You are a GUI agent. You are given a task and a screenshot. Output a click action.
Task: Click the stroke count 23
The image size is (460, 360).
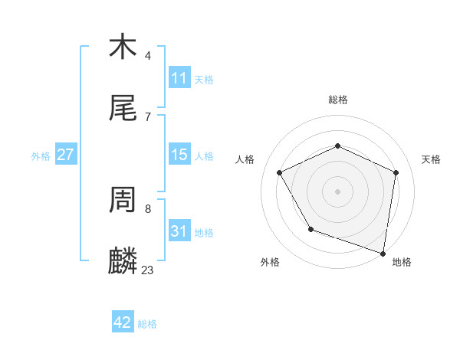click(147, 270)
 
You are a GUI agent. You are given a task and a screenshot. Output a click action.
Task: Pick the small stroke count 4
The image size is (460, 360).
click(147, 55)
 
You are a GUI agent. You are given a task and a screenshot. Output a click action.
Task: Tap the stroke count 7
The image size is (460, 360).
click(147, 116)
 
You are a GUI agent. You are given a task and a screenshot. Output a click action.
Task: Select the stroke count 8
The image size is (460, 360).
click(147, 208)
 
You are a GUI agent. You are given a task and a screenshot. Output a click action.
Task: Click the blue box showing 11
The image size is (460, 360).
click(179, 78)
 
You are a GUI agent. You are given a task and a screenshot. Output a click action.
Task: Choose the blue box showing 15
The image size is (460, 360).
click(179, 155)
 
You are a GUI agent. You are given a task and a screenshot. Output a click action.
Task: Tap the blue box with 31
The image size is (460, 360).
click(179, 231)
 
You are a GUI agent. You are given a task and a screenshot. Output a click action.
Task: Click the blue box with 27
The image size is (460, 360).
click(66, 155)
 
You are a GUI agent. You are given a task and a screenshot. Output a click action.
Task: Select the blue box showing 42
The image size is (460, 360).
click(123, 322)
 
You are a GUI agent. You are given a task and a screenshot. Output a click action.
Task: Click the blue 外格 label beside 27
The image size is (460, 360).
click(41, 155)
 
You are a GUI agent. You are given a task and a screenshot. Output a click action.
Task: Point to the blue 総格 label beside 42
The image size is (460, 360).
click(147, 324)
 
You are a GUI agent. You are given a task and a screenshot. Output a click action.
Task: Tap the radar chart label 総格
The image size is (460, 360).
click(338, 100)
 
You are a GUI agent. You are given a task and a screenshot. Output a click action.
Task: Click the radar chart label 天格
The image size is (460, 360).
click(431, 159)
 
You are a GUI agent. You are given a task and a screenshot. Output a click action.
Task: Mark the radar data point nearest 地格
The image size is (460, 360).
click(383, 253)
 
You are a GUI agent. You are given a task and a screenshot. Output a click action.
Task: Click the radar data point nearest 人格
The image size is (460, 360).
click(280, 172)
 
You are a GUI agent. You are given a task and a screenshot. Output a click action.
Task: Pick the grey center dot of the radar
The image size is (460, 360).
click(338, 191)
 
